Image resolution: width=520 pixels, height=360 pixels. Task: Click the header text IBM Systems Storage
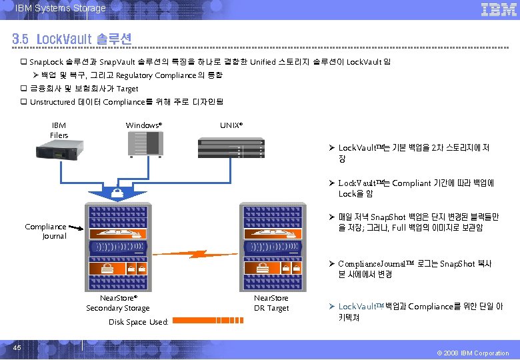point(61,8)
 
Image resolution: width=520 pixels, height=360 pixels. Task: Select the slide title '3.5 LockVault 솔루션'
point(72,39)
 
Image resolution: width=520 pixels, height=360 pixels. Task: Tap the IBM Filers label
point(59,130)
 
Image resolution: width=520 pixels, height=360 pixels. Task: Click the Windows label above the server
point(143,125)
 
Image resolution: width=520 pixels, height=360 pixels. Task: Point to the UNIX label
point(231,125)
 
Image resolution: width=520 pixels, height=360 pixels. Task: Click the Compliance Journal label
point(45,231)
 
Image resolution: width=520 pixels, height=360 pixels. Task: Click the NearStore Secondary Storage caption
point(118,303)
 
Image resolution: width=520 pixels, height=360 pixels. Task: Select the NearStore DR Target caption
point(271,303)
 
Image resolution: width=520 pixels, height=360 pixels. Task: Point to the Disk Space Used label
point(139,321)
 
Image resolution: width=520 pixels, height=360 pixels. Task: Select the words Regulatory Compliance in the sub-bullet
point(156,75)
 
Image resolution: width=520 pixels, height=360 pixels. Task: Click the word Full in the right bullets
point(399,227)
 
